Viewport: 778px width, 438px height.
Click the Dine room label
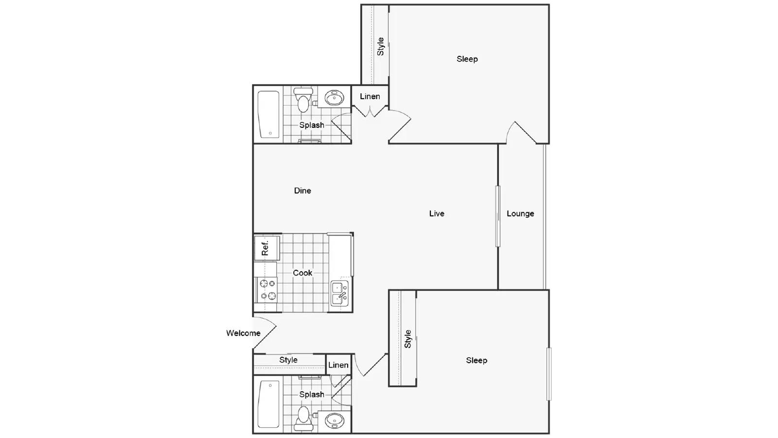point(302,191)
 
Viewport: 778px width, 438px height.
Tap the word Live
point(437,213)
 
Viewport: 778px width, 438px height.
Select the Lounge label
point(520,213)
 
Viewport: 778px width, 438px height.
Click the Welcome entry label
point(243,333)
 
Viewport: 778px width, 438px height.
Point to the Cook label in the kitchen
point(302,273)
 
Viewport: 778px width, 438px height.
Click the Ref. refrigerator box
point(267,248)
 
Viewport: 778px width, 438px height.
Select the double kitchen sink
point(339,294)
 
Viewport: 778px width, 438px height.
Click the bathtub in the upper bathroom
point(269,114)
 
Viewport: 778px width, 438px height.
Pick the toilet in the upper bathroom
point(303,100)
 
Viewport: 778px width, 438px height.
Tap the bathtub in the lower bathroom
point(269,404)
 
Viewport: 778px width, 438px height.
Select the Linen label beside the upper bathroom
point(370,96)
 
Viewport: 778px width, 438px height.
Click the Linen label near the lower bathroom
point(338,365)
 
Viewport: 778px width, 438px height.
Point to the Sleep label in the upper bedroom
point(467,59)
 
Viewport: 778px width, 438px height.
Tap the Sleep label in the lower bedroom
point(477,361)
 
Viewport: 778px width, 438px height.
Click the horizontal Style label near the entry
point(288,360)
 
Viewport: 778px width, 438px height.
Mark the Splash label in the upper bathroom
point(312,125)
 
